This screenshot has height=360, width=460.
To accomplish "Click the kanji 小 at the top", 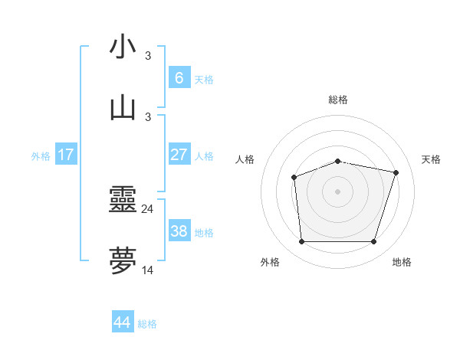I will [123, 47].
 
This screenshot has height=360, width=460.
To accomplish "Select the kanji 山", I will [123, 108].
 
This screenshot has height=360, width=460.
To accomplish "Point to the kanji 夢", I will [123, 261].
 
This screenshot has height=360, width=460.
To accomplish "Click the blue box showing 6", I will [179, 77].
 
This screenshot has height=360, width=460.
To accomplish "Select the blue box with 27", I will [179, 154].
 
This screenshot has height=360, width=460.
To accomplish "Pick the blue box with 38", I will [179, 231].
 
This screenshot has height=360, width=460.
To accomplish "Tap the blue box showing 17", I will [66, 154].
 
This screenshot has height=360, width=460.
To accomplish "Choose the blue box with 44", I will [123, 322].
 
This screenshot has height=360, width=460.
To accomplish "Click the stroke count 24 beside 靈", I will [147, 208].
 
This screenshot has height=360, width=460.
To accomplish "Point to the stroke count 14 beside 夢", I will [147, 270].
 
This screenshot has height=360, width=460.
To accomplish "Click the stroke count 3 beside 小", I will [147, 55].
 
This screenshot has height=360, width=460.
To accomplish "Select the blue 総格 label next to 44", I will [147, 324].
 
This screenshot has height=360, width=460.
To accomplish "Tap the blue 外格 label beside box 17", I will [41, 155].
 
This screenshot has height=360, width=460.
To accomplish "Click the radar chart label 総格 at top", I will [337, 100].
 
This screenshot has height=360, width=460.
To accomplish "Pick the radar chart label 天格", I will [431, 159].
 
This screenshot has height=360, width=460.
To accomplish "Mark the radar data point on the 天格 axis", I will [396, 172].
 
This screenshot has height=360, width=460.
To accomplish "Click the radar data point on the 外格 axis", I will [301, 242].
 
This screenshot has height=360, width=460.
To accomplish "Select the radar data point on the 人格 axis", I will [294, 178].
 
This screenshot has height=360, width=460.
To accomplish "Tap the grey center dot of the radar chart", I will [337, 191].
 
